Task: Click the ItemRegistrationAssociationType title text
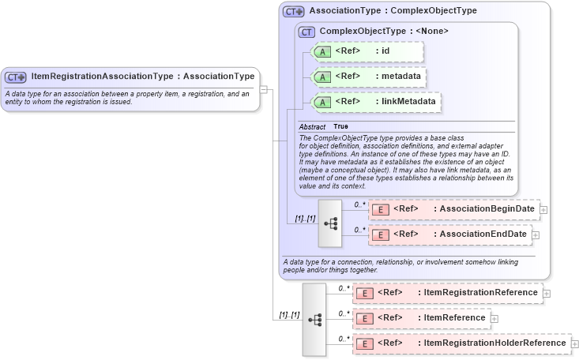pos(142,77)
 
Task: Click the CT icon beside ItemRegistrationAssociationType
pos(16,77)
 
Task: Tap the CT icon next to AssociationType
pos(294,12)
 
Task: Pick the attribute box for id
pos(368,52)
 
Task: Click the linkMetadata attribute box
pos(376,102)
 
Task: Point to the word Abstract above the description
pos(311,126)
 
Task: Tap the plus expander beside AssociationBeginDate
pos(543,210)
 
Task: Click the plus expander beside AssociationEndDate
pos(536,234)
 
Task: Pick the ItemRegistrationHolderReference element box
pos(461,343)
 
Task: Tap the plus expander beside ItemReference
pos(494,318)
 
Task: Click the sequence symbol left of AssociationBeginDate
pos(330,223)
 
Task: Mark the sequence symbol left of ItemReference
pos(314,319)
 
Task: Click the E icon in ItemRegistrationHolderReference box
pos(365,343)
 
